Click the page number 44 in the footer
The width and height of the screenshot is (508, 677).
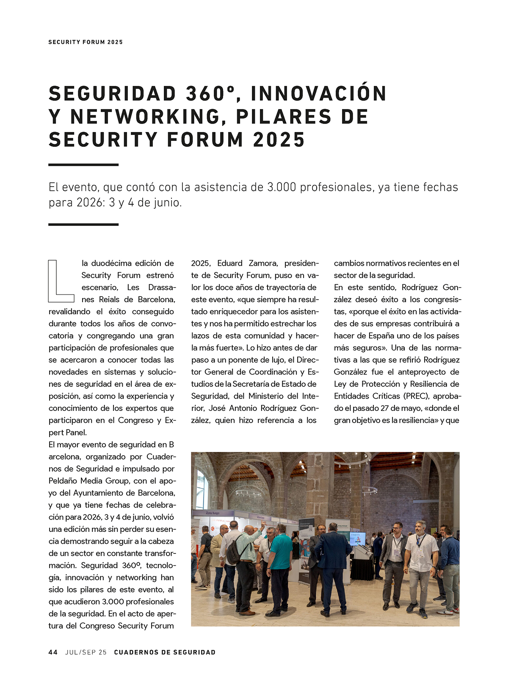(53, 652)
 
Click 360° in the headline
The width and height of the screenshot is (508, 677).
(210, 94)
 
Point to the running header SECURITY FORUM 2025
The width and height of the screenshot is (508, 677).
(86, 42)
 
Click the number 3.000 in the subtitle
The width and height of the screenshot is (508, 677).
(282, 187)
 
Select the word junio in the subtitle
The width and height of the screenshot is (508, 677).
(166, 203)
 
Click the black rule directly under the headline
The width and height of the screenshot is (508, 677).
(83, 165)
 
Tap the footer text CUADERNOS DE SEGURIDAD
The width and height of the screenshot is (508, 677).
(165, 652)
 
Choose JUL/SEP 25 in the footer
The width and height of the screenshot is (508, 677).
(86, 652)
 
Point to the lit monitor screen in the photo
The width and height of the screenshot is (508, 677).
(357, 538)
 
